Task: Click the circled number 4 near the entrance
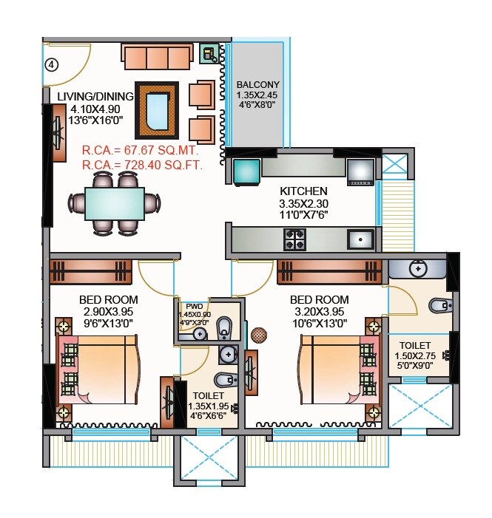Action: point(51,64)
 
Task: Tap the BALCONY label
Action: point(257,85)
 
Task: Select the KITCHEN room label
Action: point(303,191)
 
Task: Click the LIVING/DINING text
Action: point(95,97)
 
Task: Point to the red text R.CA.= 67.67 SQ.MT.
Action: point(151,151)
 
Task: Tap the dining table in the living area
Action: point(114,205)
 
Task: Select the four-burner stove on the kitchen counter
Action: point(295,239)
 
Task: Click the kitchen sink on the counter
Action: point(360,239)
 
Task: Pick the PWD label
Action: point(194,306)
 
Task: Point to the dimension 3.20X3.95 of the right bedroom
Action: point(319,311)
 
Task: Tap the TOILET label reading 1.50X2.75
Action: point(416,345)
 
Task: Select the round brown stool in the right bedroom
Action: point(258,335)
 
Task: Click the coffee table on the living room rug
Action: point(157,110)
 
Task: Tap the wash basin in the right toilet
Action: point(419,269)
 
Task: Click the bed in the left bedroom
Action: point(100,369)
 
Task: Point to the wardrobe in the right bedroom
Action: point(329,271)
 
